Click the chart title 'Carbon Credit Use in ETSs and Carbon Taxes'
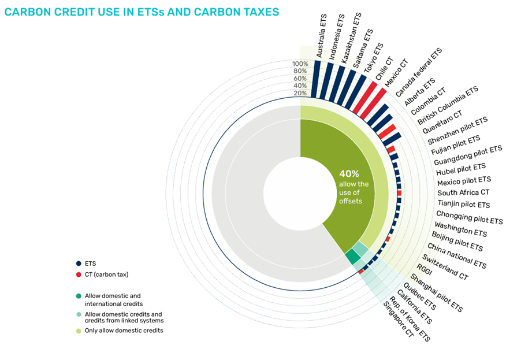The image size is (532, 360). click(142, 12)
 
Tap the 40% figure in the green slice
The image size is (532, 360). click(349, 173)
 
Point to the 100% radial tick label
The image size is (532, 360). click(300, 64)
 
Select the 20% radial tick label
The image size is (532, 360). click(300, 93)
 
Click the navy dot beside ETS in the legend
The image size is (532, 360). click(78, 263)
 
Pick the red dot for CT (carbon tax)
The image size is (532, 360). click(78, 274)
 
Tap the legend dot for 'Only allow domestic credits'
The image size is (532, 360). click(78, 331)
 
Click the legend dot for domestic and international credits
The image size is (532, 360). click(78, 296)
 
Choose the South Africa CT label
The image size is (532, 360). click(463, 192)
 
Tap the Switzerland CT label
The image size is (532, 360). click(445, 266)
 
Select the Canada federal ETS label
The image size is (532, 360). click(418, 73)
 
